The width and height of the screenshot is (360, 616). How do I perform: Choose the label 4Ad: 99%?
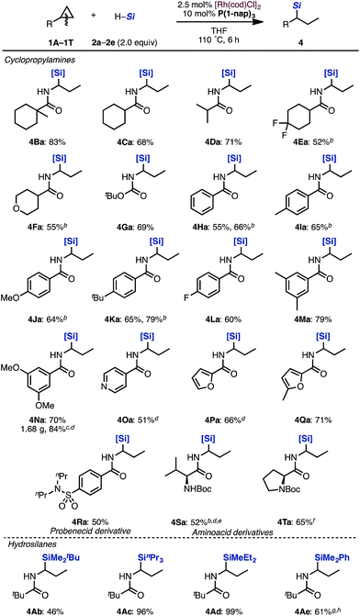coord(220,602)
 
